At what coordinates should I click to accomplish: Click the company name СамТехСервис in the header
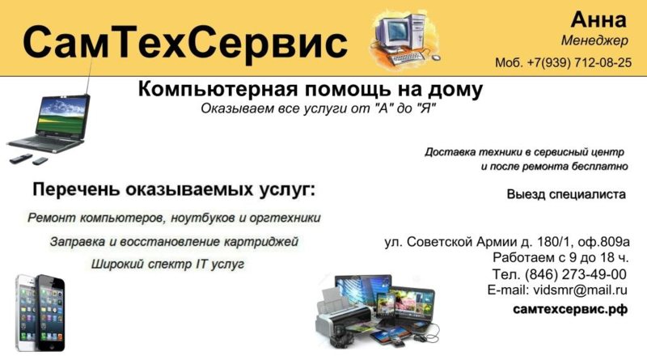tap(185, 43)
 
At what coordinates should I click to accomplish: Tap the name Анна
tap(598, 19)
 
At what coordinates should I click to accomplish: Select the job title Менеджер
tap(594, 40)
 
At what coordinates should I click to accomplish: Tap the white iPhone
tap(27, 312)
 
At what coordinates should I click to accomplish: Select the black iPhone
tap(51, 314)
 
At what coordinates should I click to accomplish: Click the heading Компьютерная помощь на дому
tap(311, 89)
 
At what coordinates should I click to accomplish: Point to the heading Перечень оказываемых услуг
tap(174, 190)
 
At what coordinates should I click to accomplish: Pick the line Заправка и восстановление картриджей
tap(174, 242)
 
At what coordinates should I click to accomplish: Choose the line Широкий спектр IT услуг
tap(167, 264)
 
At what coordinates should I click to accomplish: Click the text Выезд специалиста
tap(566, 194)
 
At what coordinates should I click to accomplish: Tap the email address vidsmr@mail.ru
tap(580, 290)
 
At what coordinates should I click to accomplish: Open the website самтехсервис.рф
tap(570, 309)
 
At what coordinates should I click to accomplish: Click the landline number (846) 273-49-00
tap(576, 274)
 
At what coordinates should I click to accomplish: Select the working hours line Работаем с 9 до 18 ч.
tap(560, 257)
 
